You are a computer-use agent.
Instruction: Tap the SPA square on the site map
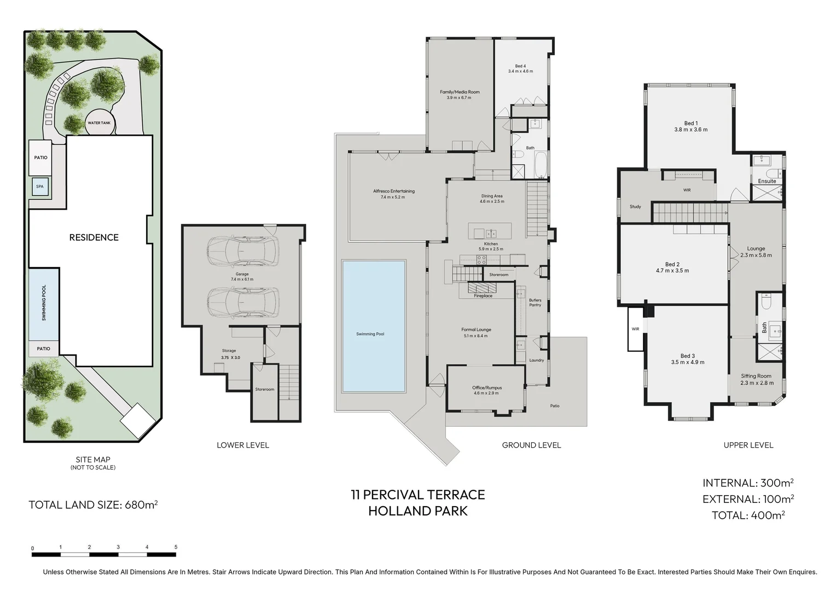pyautogui.click(x=40, y=186)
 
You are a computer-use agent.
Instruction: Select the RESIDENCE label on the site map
pyautogui.click(x=94, y=237)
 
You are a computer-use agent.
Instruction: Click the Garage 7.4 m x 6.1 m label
pyautogui.click(x=242, y=277)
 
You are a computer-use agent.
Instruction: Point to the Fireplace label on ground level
pyautogui.click(x=483, y=296)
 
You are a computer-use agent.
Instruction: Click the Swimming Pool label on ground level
pyautogui.click(x=370, y=334)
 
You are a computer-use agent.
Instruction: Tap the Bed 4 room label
pyautogui.click(x=520, y=69)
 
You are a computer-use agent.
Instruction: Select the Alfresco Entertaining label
pyautogui.click(x=394, y=194)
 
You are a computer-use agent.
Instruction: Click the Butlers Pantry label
pyautogui.click(x=535, y=303)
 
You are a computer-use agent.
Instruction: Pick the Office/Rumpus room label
pyautogui.click(x=487, y=390)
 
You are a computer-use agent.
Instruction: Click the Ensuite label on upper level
pyautogui.click(x=767, y=181)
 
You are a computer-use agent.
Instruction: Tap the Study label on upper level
pyautogui.click(x=635, y=206)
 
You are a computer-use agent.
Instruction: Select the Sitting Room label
pyautogui.click(x=756, y=379)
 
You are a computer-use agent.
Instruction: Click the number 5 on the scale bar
pyautogui.click(x=176, y=547)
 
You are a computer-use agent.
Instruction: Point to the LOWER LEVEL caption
pyautogui.click(x=242, y=445)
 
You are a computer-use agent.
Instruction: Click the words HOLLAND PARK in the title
pyautogui.click(x=418, y=511)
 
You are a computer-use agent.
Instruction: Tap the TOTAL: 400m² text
pyautogui.click(x=748, y=515)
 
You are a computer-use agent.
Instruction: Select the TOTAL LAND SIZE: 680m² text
pyautogui.click(x=94, y=505)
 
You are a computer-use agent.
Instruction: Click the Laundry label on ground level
pyautogui.click(x=536, y=360)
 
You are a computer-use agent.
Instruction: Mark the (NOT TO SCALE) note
pyautogui.click(x=93, y=467)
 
